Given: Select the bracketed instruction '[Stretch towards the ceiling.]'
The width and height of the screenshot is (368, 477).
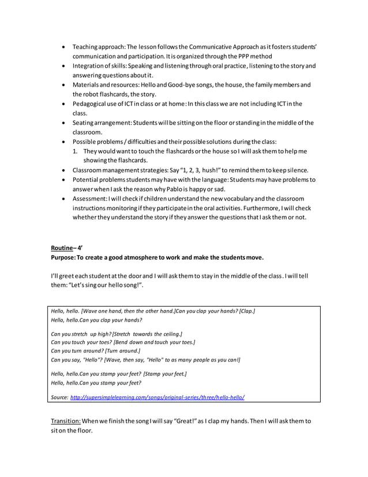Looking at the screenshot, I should point(148,334).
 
